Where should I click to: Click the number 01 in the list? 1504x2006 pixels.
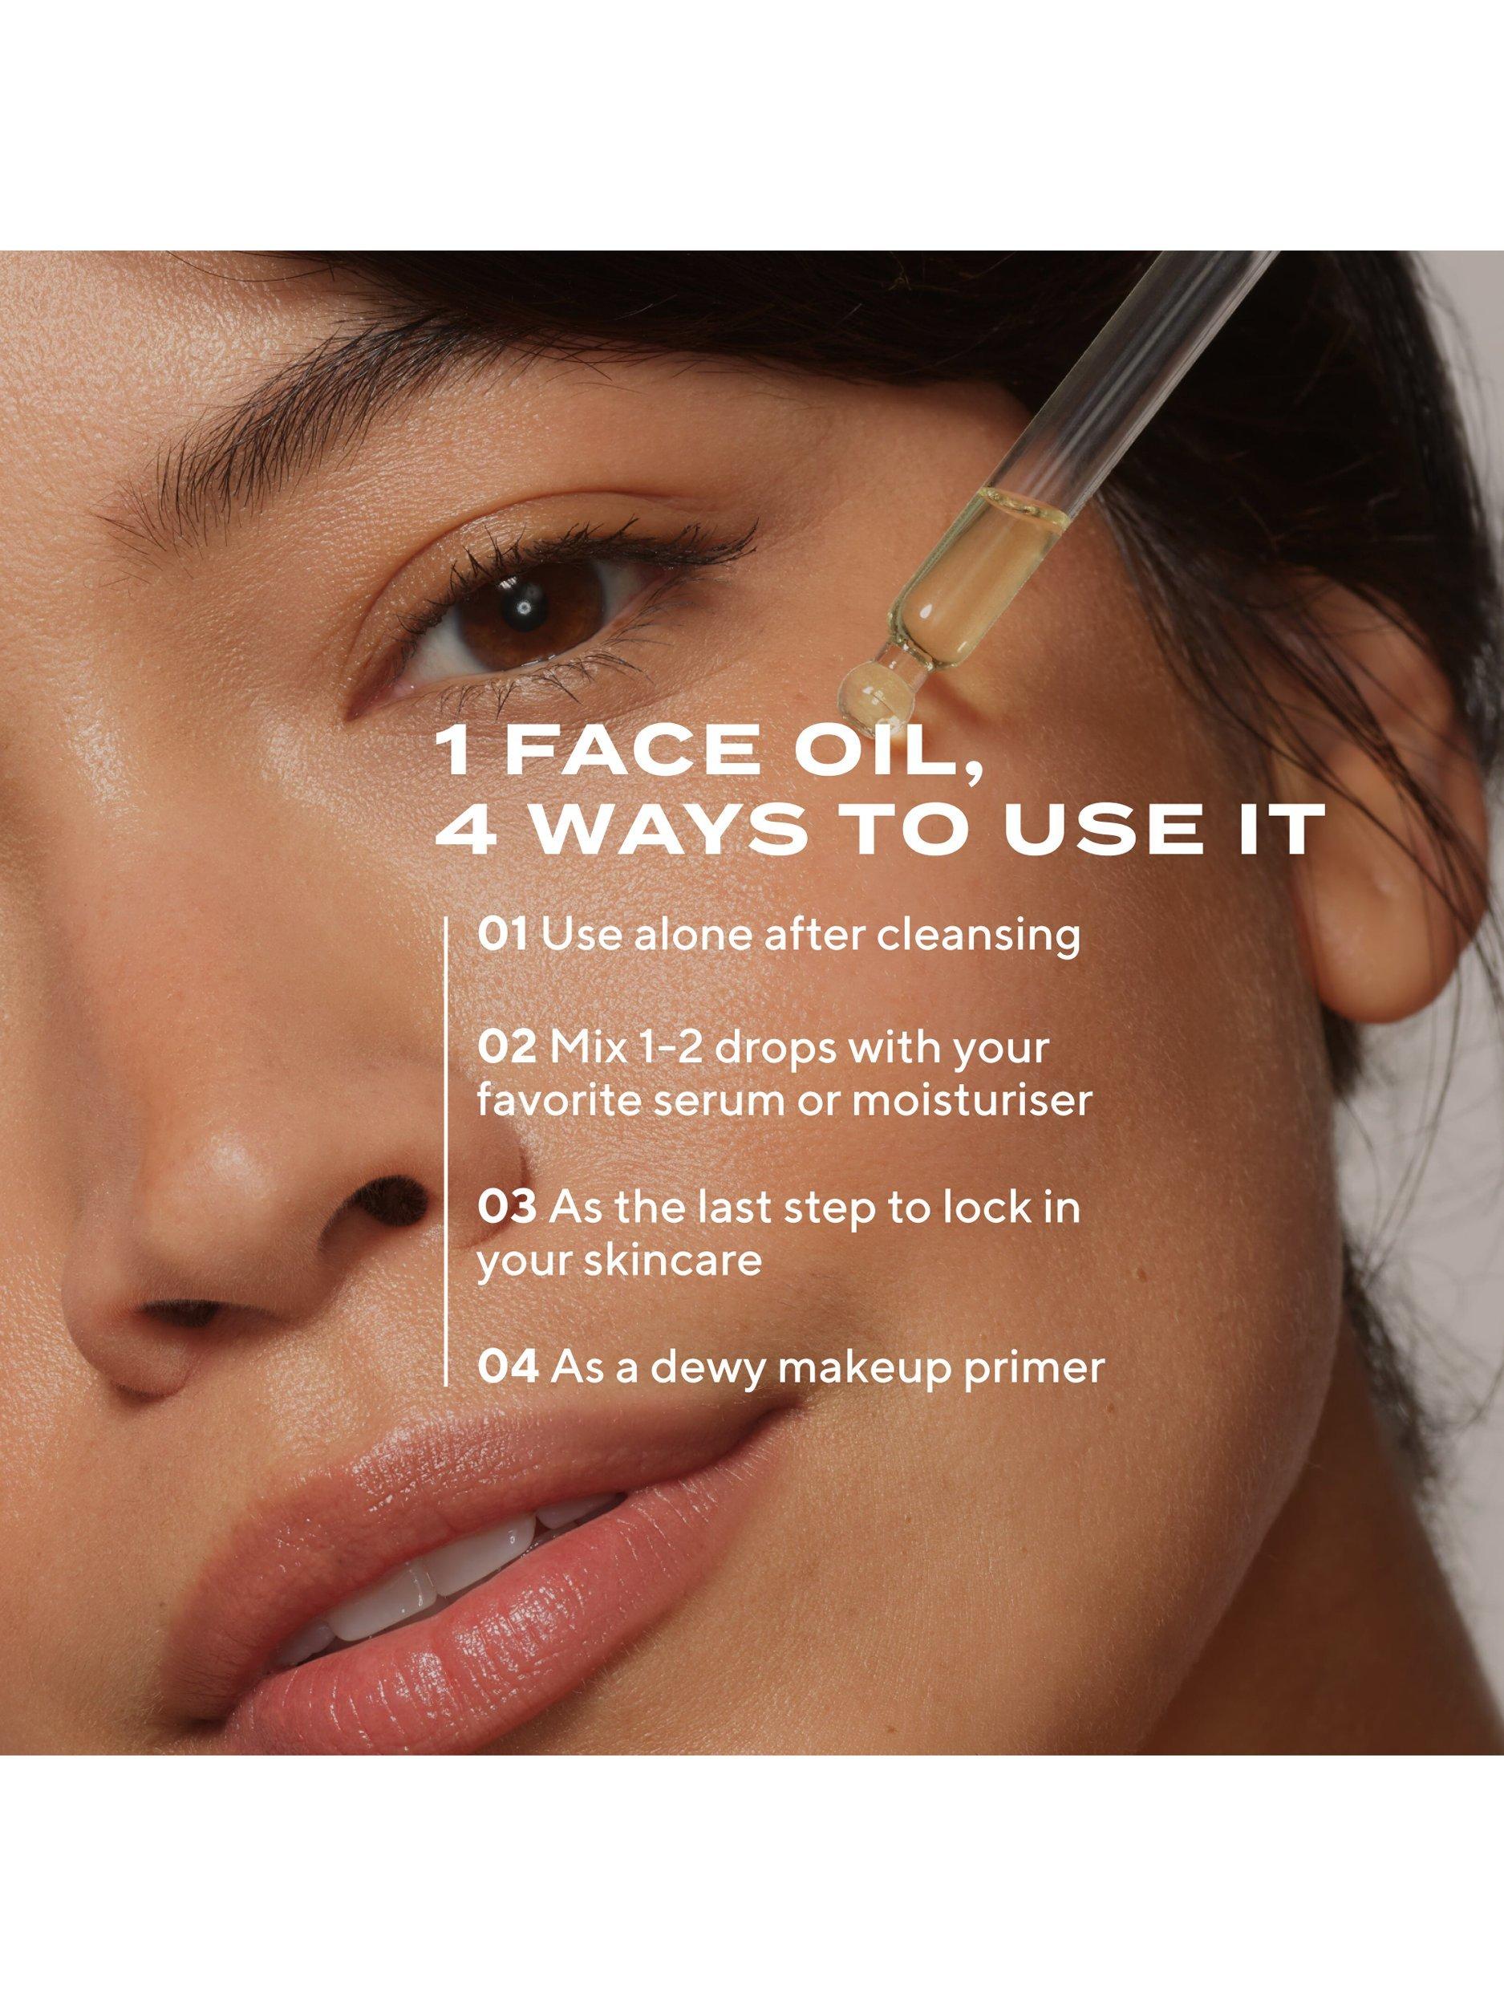click(x=502, y=936)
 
